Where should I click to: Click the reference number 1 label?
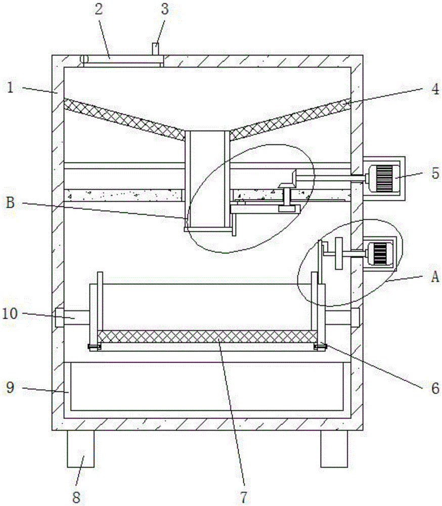coord(11,87)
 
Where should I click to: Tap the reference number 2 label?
coord(99,9)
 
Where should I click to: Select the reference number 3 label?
coord(165,9)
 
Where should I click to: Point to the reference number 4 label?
coord(435,89)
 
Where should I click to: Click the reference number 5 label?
coord(435,173)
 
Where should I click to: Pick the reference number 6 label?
coord(435,388)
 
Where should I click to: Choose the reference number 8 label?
coord(76,497)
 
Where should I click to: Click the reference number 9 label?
coord(11,387)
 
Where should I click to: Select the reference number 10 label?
coord(10,313)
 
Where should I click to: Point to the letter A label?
coord(435,277)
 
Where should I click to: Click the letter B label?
coord(10,203)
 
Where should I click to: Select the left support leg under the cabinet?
coord(80,449)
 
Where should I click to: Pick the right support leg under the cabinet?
coord(334,449)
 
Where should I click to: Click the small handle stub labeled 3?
coord(155,49)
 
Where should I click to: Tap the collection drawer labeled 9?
coord(207,387)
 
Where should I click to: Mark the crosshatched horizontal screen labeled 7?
coord(207,336)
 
